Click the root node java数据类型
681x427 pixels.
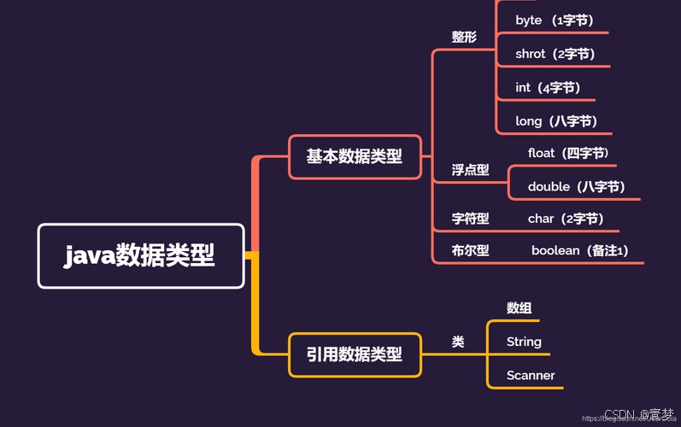pos(141,255)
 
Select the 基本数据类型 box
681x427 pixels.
pos(355,157)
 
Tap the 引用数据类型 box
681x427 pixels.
pos(355,354)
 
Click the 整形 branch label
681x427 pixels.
pos(464,38)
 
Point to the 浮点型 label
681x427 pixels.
pos(470,170)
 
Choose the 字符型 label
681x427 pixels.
pos(470,219)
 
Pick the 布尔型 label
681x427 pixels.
pos(470,251)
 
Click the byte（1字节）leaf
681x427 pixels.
pos(555,20)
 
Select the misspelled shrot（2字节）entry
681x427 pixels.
pos(555,54)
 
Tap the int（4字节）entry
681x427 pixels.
pos(548,87)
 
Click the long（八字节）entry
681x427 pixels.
pos(556,121)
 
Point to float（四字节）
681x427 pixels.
pos(568,154)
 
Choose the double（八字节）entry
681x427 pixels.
pos(577,186)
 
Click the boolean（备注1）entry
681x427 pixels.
pos(580,251)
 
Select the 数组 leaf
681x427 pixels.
pos(520,308)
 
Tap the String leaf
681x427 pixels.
pos(524,342)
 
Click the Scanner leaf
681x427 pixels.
pos(531,375)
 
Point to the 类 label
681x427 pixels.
pos(458,342)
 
